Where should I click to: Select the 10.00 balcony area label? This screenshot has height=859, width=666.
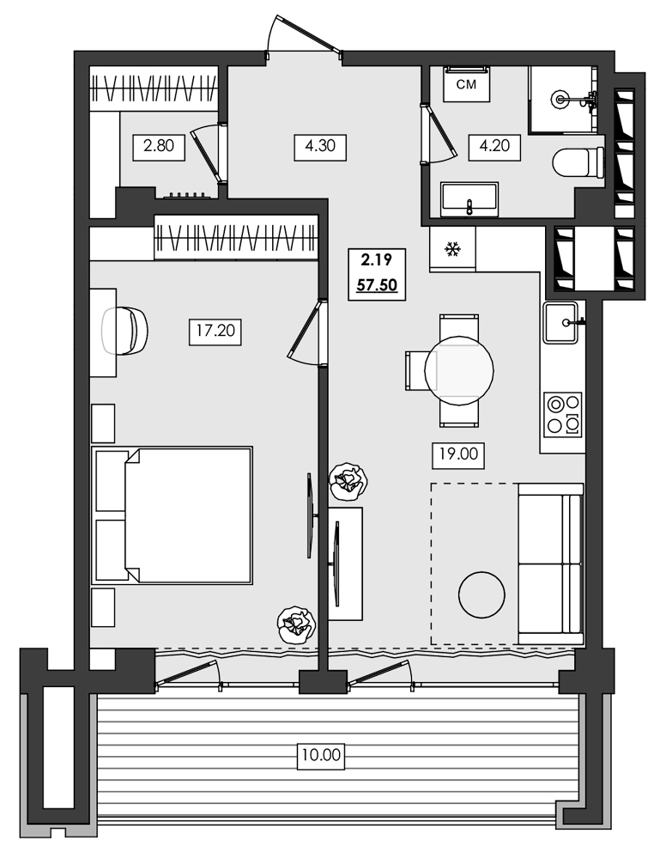tap(321, 756)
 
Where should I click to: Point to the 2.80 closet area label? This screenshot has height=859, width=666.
tap(159, 146)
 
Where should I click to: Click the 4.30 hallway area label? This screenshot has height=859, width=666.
tap(319, 146)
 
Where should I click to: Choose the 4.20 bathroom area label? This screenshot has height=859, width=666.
tap(494, 146)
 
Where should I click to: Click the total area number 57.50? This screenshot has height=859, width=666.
tap(378, 285)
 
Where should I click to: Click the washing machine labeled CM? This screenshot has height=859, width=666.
tap(466, 84)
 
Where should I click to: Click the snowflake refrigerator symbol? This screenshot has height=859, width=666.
tap(451, 250)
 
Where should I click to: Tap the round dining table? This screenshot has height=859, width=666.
tap(459, 369)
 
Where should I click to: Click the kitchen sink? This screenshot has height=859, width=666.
tap(563, 322)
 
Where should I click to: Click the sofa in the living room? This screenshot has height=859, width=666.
tap(550, 563)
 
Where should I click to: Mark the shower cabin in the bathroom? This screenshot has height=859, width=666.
tap(562, 99)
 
